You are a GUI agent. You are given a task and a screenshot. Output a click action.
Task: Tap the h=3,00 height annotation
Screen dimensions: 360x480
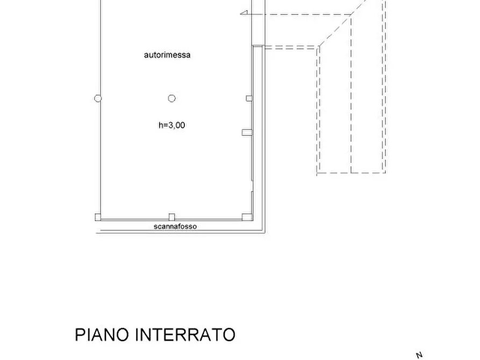point(172,125)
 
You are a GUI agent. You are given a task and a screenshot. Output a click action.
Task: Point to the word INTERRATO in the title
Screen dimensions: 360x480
point(185,335)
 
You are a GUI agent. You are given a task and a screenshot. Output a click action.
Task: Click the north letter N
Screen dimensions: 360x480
point(419,355)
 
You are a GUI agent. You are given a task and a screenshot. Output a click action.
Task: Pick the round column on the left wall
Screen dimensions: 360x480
point(98,98)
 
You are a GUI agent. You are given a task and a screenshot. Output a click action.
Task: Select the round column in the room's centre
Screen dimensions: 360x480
point(172,98)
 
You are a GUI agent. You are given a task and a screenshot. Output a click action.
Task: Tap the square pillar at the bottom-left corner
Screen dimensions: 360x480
point(98,217)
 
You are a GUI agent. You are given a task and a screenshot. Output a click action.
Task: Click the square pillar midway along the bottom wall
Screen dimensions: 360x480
point(172,217)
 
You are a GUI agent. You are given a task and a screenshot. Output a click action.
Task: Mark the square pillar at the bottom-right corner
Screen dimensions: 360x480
point(246,217)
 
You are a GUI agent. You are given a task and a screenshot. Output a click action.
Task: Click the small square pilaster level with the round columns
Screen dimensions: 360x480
point(249,98)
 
